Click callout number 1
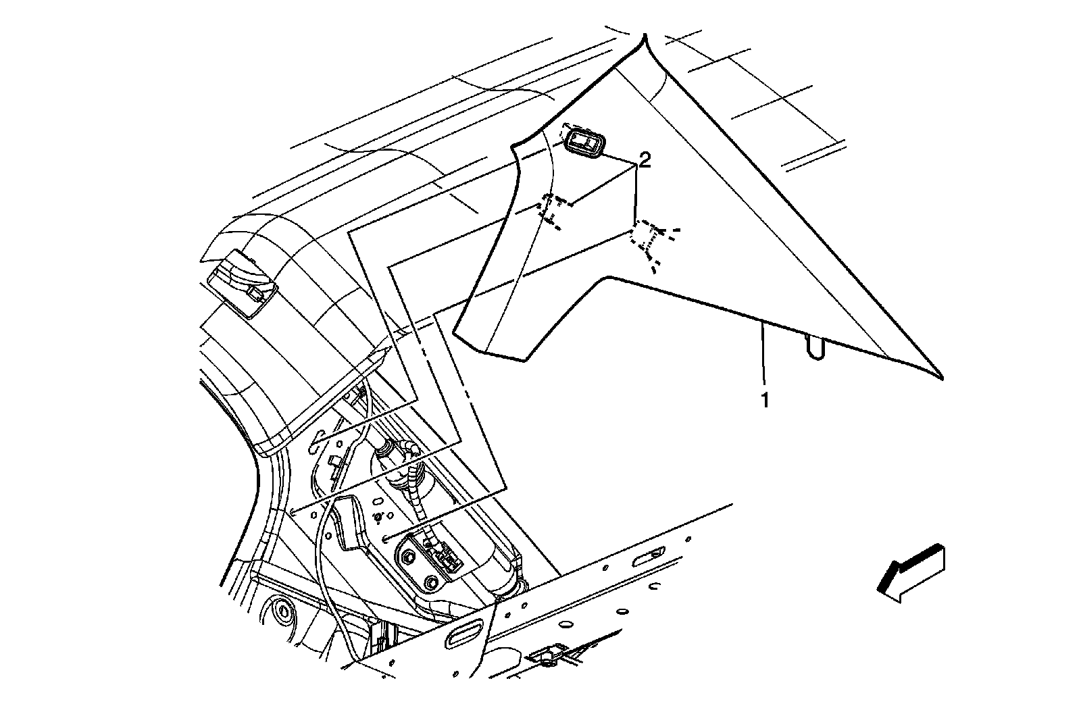(765, 401)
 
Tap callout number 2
(645, 160)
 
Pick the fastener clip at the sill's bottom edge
(547, 654)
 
